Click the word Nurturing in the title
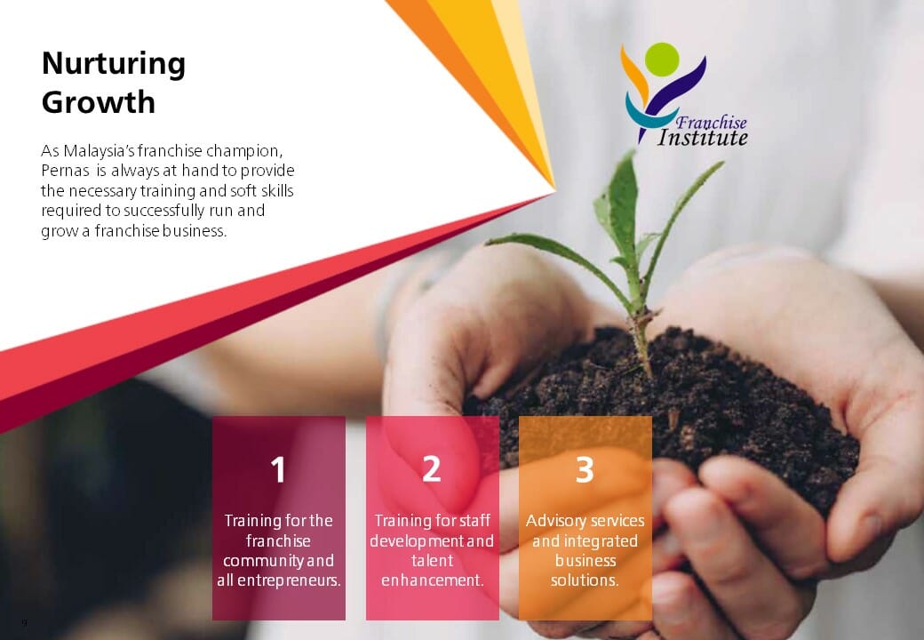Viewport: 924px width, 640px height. click(114, 64)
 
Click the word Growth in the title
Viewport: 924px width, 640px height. click(99, 102)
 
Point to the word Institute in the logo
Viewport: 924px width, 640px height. click(703, 138)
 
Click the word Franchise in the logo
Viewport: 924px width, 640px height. click(711, 122)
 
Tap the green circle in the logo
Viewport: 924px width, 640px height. click(661, 59)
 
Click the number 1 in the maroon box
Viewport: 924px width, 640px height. click(278, 470)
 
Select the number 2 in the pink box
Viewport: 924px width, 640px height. click(432, 468)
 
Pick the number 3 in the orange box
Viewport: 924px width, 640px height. click(585, 469)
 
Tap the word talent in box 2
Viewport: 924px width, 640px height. click(432, 561)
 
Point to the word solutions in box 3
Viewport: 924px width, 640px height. click(585, 580)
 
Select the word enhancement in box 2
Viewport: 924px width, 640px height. click(432, 580)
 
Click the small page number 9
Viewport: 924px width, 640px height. click(24, 622)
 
